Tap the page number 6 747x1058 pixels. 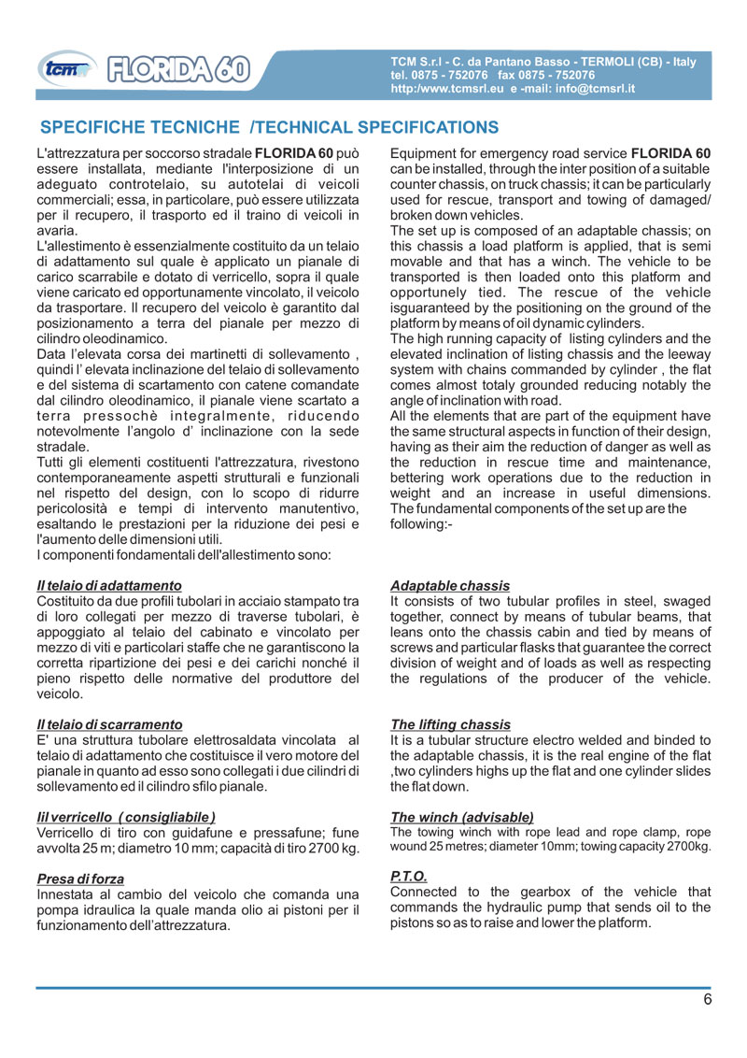point(708,999)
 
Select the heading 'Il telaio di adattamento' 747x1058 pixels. point(108,586)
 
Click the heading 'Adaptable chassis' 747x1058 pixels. point(450,586)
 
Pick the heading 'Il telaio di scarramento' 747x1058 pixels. point(109,724)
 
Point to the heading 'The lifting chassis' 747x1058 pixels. point(450,724)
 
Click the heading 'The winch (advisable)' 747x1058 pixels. point(461,816)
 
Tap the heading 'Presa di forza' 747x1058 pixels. point(80,878)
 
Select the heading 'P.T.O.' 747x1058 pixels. point(408,876)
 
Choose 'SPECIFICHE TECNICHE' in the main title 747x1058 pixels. point(140,127)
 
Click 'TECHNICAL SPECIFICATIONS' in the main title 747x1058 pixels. point(376,127)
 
